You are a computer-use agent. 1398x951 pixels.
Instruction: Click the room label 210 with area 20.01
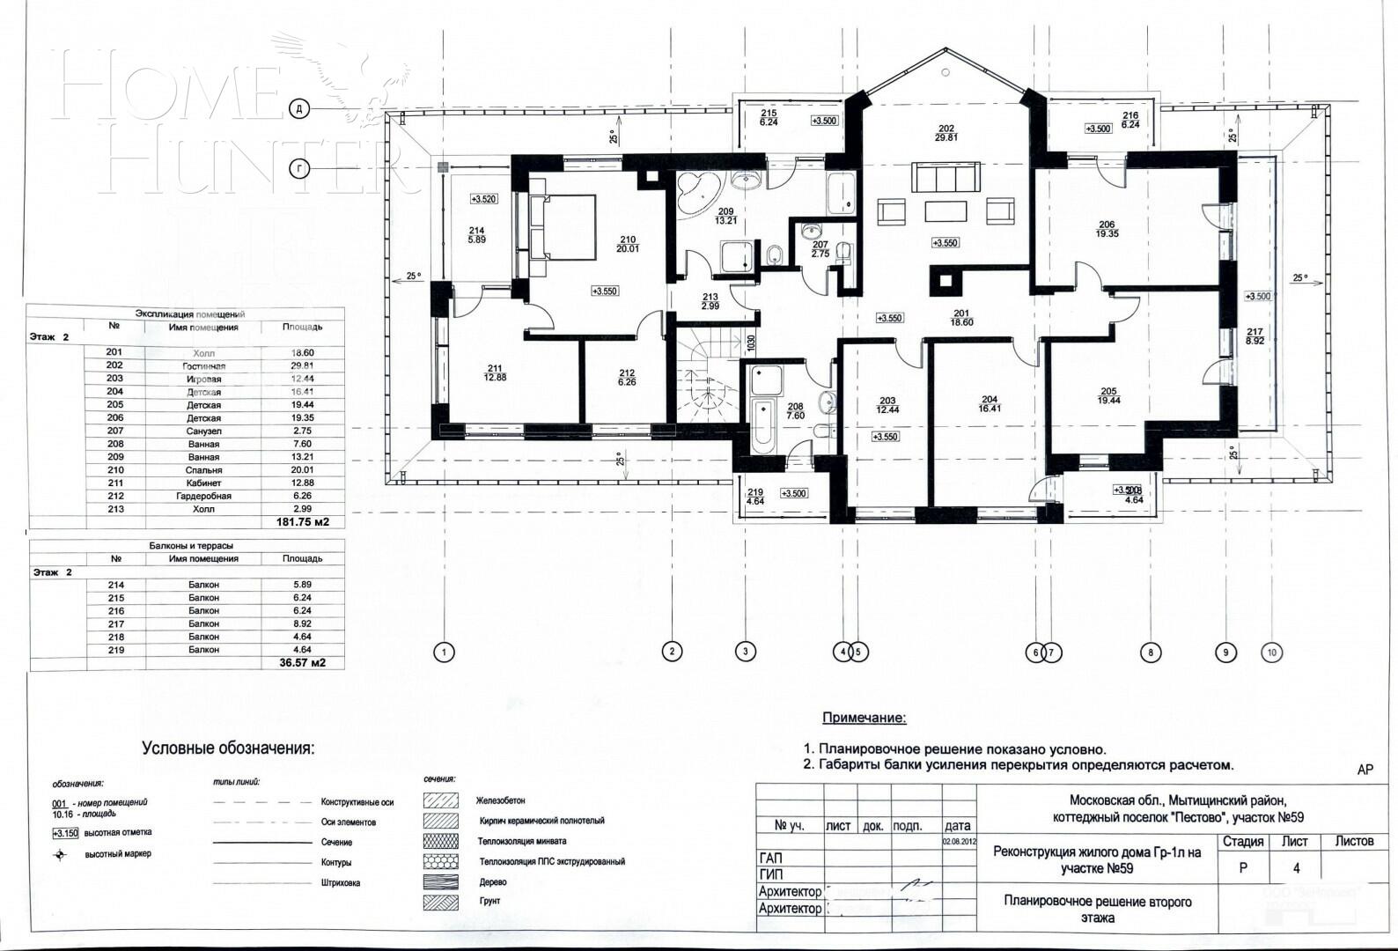(x=628, y=244)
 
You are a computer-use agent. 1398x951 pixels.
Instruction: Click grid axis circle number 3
(x=745, y=652)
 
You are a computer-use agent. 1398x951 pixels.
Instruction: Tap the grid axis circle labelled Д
(x=299, y=108)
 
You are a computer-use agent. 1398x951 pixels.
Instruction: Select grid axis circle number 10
(x=1271, y=652)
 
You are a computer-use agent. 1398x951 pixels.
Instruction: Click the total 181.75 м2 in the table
(x=302, y=522)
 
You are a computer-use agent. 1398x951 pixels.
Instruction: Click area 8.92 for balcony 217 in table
(x=302, y=623)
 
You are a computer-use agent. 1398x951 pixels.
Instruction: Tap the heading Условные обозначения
(x=228, y=748)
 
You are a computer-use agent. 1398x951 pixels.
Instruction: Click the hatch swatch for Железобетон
(x=440, y=800)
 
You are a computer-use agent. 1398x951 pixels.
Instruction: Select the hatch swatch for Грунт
(x=440, y=902)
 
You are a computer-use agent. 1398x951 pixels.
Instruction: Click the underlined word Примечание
(x=863, y=719)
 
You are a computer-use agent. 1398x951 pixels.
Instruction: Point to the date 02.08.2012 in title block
(x=958, y=842)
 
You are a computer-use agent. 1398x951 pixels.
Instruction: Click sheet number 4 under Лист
(x=1296, y=868)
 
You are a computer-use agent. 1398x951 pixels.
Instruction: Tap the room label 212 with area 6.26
(x=627, y=377)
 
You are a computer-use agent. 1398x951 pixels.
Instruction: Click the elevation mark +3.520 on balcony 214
(x=483, y=199)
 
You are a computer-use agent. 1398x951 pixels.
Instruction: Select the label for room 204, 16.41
(x=990, y=403)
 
